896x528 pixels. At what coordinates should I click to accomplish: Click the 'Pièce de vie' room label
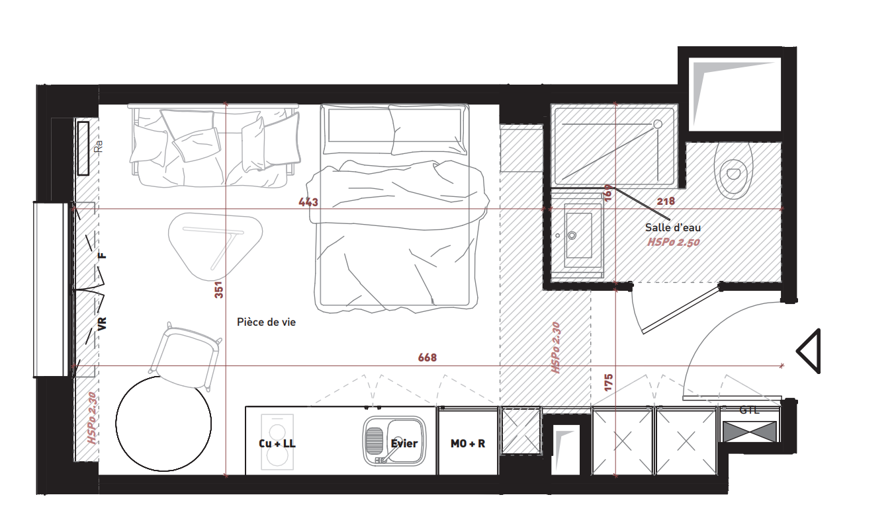point(266,322)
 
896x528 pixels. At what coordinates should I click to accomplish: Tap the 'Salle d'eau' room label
point(673,228)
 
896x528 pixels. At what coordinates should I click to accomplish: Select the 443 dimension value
point(308,202)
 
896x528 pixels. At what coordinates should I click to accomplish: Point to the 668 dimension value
point(427,357)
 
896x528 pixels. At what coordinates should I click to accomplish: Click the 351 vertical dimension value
point(219,290)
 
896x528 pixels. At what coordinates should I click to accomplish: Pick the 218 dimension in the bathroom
point(666,202)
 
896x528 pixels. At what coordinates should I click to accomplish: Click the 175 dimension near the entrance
point(608,382)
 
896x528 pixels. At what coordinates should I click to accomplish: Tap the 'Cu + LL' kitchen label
point(277,443)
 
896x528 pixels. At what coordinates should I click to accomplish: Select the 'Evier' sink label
point(404,443)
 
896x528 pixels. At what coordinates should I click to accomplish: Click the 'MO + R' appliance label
point(468,443)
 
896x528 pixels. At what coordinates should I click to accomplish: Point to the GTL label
point(749,410)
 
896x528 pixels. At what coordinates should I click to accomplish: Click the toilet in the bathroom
point(734,171)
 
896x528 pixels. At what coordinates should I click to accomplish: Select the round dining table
point(163,424)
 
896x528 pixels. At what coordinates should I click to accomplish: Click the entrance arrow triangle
point(809,352)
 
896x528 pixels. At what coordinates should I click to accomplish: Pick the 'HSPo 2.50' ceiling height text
point(674,243)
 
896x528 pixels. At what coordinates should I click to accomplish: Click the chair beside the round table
point(185,356)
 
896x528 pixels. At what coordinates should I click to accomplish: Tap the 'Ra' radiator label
point(99,146)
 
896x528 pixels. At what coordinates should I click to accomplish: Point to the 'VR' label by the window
point(103,324)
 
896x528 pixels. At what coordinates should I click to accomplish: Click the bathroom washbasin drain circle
point(572,235)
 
